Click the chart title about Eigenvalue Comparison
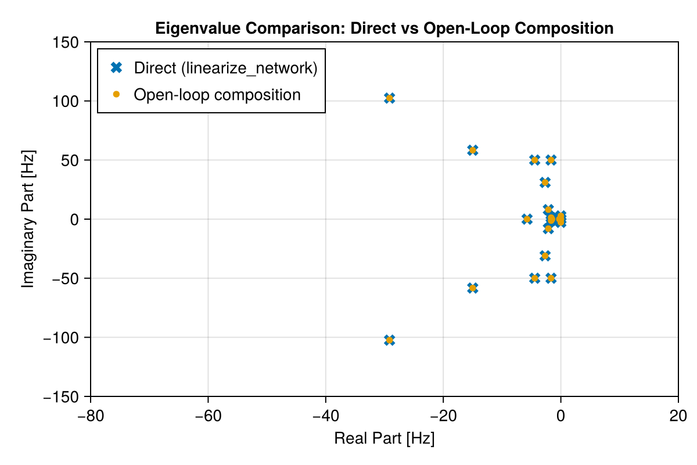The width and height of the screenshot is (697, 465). [x=384, y=28]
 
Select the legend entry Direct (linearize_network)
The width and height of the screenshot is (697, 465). [x=225, y=68]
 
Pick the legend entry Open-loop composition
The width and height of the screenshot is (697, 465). [x=217, y=94]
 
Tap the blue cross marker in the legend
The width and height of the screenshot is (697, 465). [x=116, y=68]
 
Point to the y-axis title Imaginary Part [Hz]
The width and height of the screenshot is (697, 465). [x=27, y=219]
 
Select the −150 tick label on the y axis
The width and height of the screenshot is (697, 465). [x=64, y=396]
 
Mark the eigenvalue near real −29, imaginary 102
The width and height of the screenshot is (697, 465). [x=390, y=98]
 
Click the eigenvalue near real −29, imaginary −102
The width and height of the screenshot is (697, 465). [x=390, y=340]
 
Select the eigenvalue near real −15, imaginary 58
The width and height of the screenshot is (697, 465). [x=473, y=151]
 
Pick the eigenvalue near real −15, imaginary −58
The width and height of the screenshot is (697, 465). [x=473, y=288]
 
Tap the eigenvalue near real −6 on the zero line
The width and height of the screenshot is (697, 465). [x=527, y=219]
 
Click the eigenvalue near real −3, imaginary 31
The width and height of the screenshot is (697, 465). [x=545, y=183]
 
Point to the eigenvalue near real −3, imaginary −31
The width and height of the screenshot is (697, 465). [x=545, y=256]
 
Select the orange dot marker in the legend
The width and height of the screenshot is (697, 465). [x=116, y=94]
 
